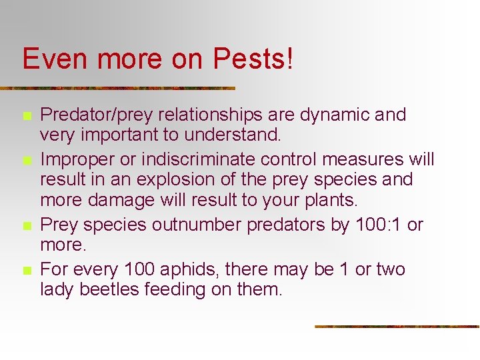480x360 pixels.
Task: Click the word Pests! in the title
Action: (x=253, y=59)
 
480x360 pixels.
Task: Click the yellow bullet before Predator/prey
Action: (x=27, y=116)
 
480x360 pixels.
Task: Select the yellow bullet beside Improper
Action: (x=27, y=161)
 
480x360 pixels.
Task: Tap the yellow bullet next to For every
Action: (x=27, y=271)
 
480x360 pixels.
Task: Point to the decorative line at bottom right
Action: (x=397, y=327)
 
